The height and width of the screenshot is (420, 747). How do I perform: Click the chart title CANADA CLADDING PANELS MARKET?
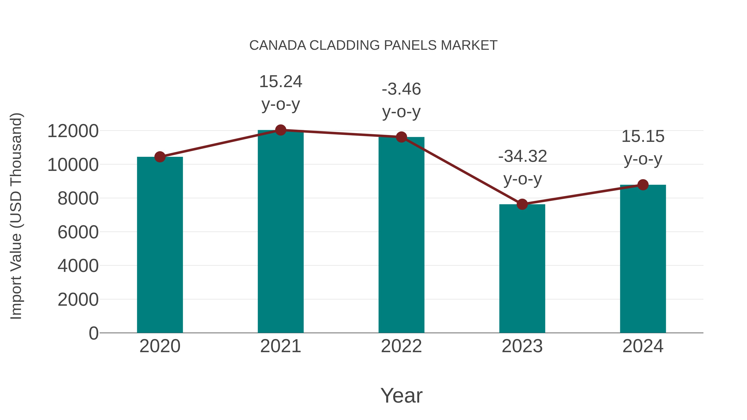(x=373, y=45)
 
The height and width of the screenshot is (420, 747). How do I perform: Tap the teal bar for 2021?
(x=280, y=232)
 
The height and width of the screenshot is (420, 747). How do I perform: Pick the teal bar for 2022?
(x=401, y=235)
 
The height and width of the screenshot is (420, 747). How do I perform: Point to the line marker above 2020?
(x=160, y=157)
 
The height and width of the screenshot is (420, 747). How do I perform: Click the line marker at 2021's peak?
(x=280, y=130)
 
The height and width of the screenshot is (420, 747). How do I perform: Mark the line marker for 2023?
(x=522, y=204)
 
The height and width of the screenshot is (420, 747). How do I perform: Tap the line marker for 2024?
(x=643, y=185)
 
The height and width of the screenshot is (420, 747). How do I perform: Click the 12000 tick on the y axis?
(x=73, y=131)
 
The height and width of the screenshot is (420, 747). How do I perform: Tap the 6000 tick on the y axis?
(x=78, y=232)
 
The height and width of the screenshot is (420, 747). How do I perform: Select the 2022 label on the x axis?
(x=401, y=346)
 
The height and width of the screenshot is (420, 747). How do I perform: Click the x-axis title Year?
(x=401, y=395)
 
